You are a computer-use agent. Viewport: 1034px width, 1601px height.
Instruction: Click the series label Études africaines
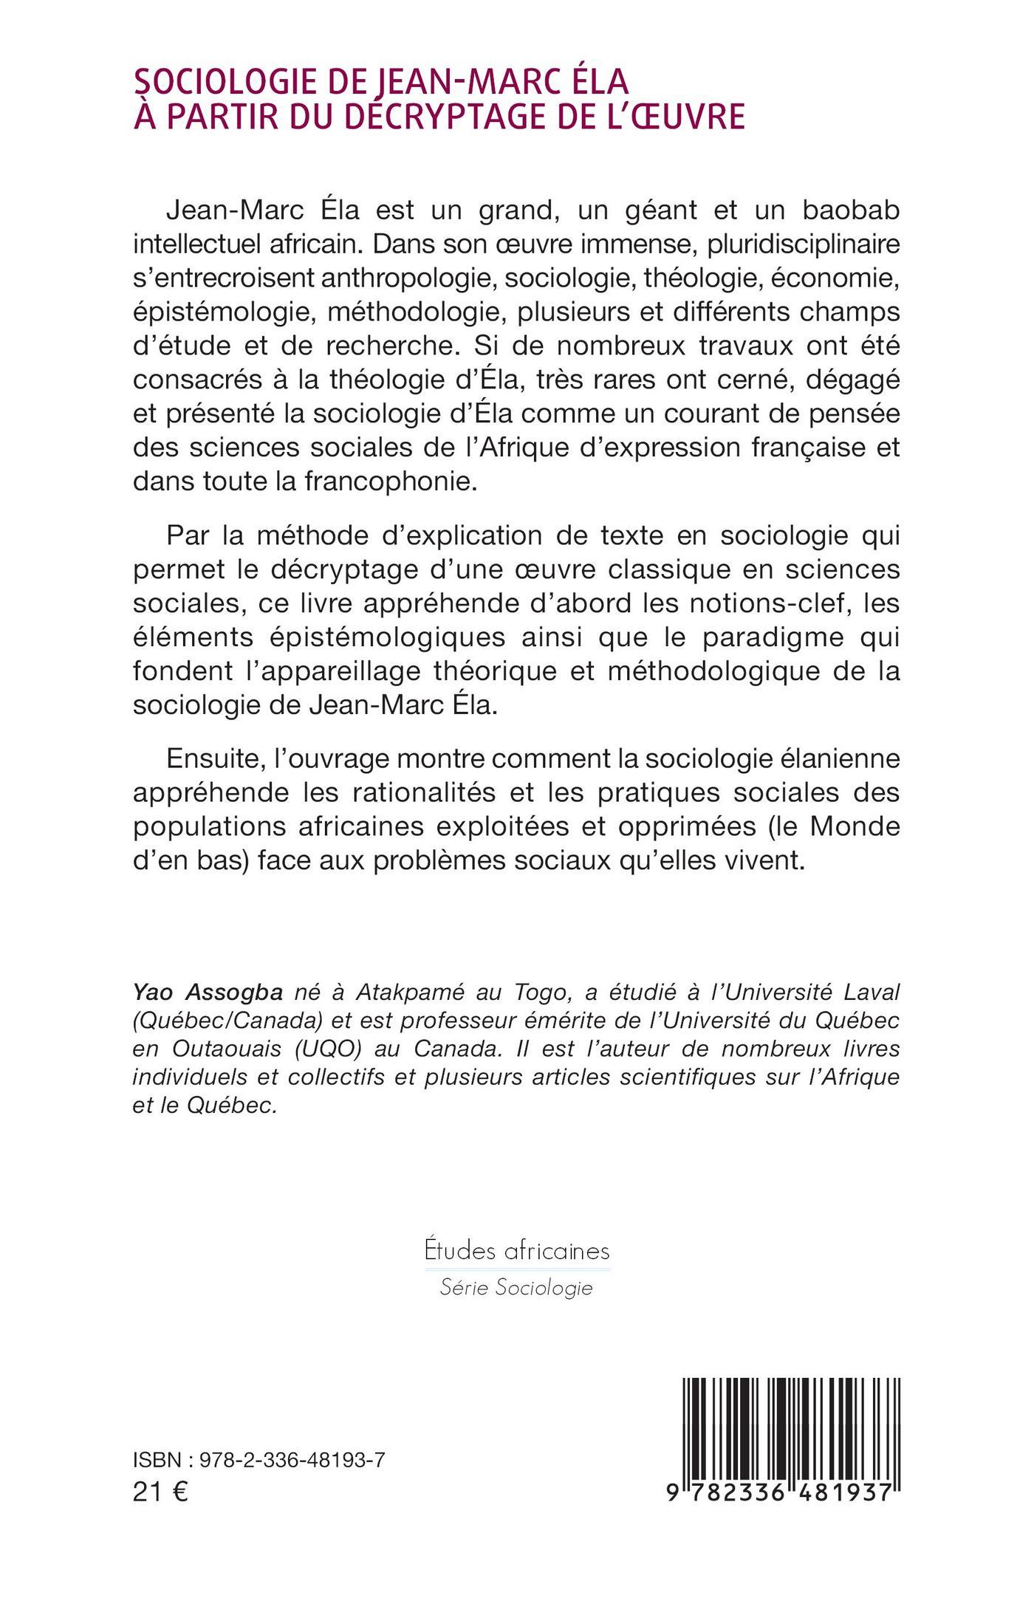click(517, 1251)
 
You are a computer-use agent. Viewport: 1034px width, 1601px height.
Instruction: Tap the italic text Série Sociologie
click(516, 1288)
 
